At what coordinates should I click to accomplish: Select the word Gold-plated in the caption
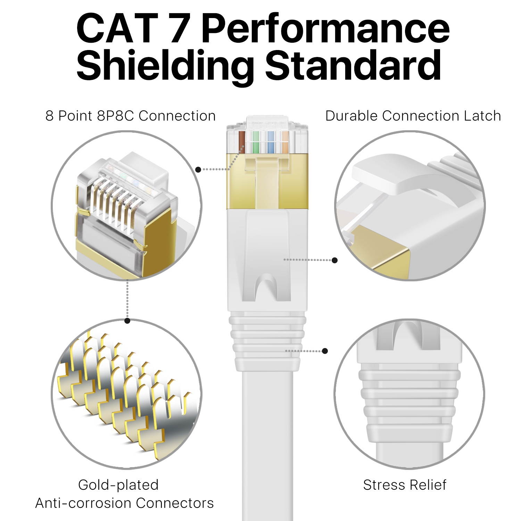(x=118, y=485)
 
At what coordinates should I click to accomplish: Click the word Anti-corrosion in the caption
(x=82, y=503)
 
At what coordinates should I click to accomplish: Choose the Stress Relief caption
(x=405, y=485)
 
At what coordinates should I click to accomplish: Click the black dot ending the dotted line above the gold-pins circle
(x=127, y=321)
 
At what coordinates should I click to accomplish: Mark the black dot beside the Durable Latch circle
(x=335, y=260)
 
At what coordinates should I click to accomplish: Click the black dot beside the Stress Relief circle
(x=325, y=351)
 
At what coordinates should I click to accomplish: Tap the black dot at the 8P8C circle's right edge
(x=198, y=169)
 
